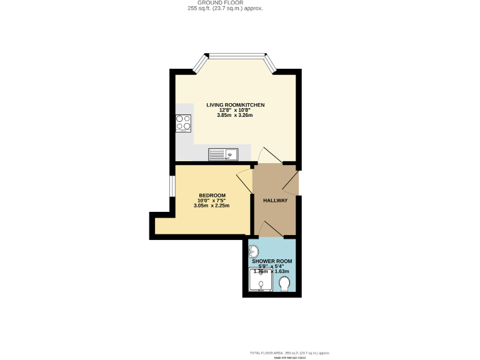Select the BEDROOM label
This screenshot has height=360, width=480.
point(212,195)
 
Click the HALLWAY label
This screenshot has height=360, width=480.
point(275,201)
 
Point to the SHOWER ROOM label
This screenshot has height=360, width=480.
point(272,261)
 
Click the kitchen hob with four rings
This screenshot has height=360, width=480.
point(183,123)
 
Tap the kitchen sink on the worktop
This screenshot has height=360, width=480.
point(222,154)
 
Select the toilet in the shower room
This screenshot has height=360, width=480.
point(286,284)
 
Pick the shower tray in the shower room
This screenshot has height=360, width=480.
point(261,280)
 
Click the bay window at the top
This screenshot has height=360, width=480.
point(237,57)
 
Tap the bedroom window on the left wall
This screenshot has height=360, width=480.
point(172,186)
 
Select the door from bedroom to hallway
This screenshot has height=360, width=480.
point(244,182)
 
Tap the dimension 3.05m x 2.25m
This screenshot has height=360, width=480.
point(212,206)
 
